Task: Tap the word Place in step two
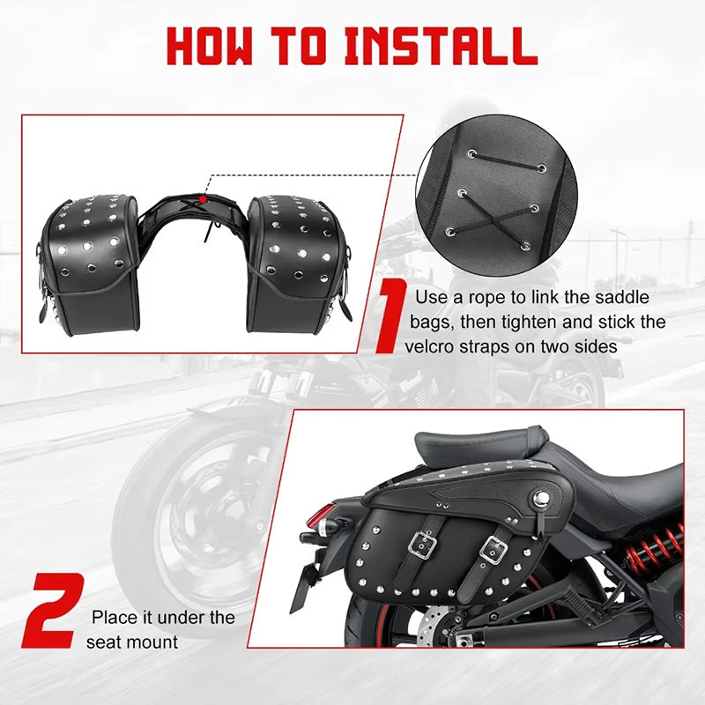pos(114,618)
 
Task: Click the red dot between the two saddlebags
pos(204,199)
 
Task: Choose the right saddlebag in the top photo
pos(298,264)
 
